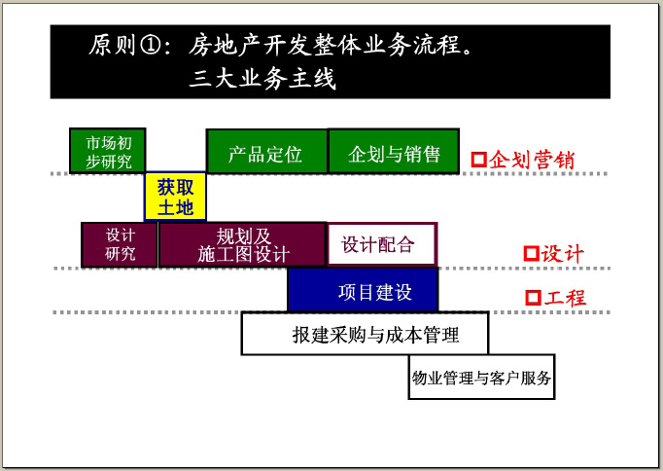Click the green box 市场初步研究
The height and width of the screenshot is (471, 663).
[107, 151]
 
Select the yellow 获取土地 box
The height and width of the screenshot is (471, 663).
[176, 197]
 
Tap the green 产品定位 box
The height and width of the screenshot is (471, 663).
[266, 152]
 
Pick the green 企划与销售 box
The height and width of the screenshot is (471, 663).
[394, 152]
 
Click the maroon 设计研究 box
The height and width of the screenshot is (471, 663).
[120, 244]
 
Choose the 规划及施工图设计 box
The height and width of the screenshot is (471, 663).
[243, 244]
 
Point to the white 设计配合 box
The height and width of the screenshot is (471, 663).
[382, 244]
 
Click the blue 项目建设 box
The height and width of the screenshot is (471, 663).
[363, 290]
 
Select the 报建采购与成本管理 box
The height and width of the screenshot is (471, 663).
[365, 334]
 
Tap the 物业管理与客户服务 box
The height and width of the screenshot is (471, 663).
[481, 377]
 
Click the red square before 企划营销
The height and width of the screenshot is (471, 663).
[479, 160]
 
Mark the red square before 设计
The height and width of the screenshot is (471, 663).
[532, 253]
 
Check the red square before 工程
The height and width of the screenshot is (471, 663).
[533, 298]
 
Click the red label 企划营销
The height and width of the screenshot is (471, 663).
[532, 160]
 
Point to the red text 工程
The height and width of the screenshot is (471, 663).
[565, 298]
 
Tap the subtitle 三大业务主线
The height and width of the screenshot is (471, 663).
[262, 78]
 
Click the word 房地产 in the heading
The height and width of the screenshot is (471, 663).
[226, 45]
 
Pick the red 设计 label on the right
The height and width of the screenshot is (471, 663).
[562, 253]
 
